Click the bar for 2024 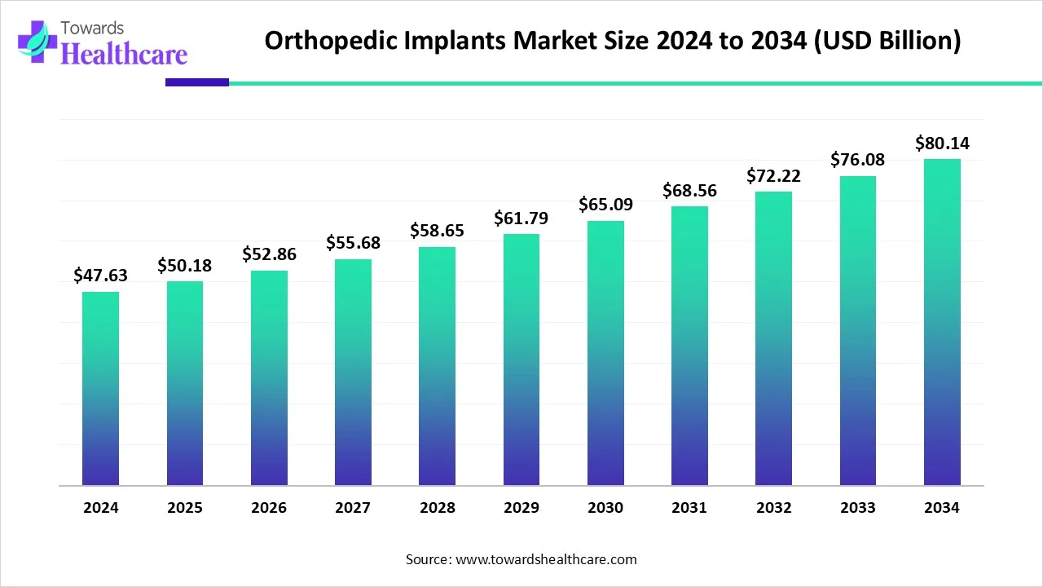100,389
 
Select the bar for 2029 521,360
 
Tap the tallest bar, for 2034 942,322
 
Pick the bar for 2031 689,346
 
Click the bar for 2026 269,378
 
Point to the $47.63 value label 100,276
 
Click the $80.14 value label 942,143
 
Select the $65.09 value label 605,204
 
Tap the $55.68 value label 353,242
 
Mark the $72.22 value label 773,175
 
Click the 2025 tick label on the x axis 185,508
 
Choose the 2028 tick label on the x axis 438,508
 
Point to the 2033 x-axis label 858,508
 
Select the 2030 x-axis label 605,508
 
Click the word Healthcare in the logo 124,54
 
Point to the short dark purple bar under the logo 196,82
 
